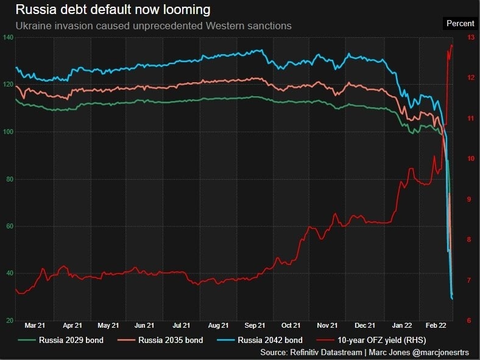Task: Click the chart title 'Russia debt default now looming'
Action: click(x=113, y=10)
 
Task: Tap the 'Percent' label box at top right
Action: click(x=460, y=23)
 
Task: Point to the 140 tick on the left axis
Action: click(x=8, y=38)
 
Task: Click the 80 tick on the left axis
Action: click(x=9, y=179)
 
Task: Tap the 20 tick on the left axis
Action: click(x=9, y=320)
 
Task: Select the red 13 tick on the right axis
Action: click(x=470, y=38)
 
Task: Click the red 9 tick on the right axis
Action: click(x=470, y=199)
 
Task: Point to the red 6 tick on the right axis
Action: click(x=470, y=320)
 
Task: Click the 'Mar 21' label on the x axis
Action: click(x=35, y=325)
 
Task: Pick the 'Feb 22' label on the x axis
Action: click(x=435, y=325)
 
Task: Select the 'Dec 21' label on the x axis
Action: click(x=364, y=325)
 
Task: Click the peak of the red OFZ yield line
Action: click(x=452, y=44)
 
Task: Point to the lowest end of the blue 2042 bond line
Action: click(x=452, y=298)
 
